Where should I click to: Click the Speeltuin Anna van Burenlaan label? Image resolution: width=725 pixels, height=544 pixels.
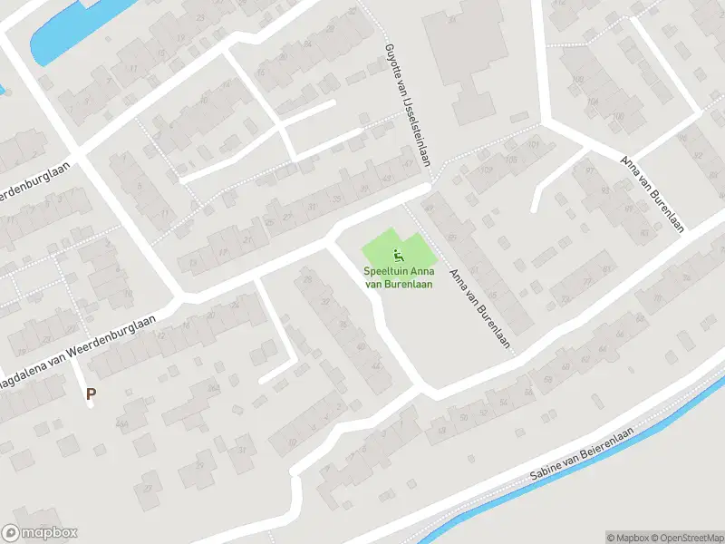(397, 277)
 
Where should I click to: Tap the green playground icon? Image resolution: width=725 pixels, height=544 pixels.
(397, 255)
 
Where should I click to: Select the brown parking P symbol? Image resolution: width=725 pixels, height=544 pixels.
(90, 393)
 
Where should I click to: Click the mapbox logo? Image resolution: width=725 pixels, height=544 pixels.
(40, 533)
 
